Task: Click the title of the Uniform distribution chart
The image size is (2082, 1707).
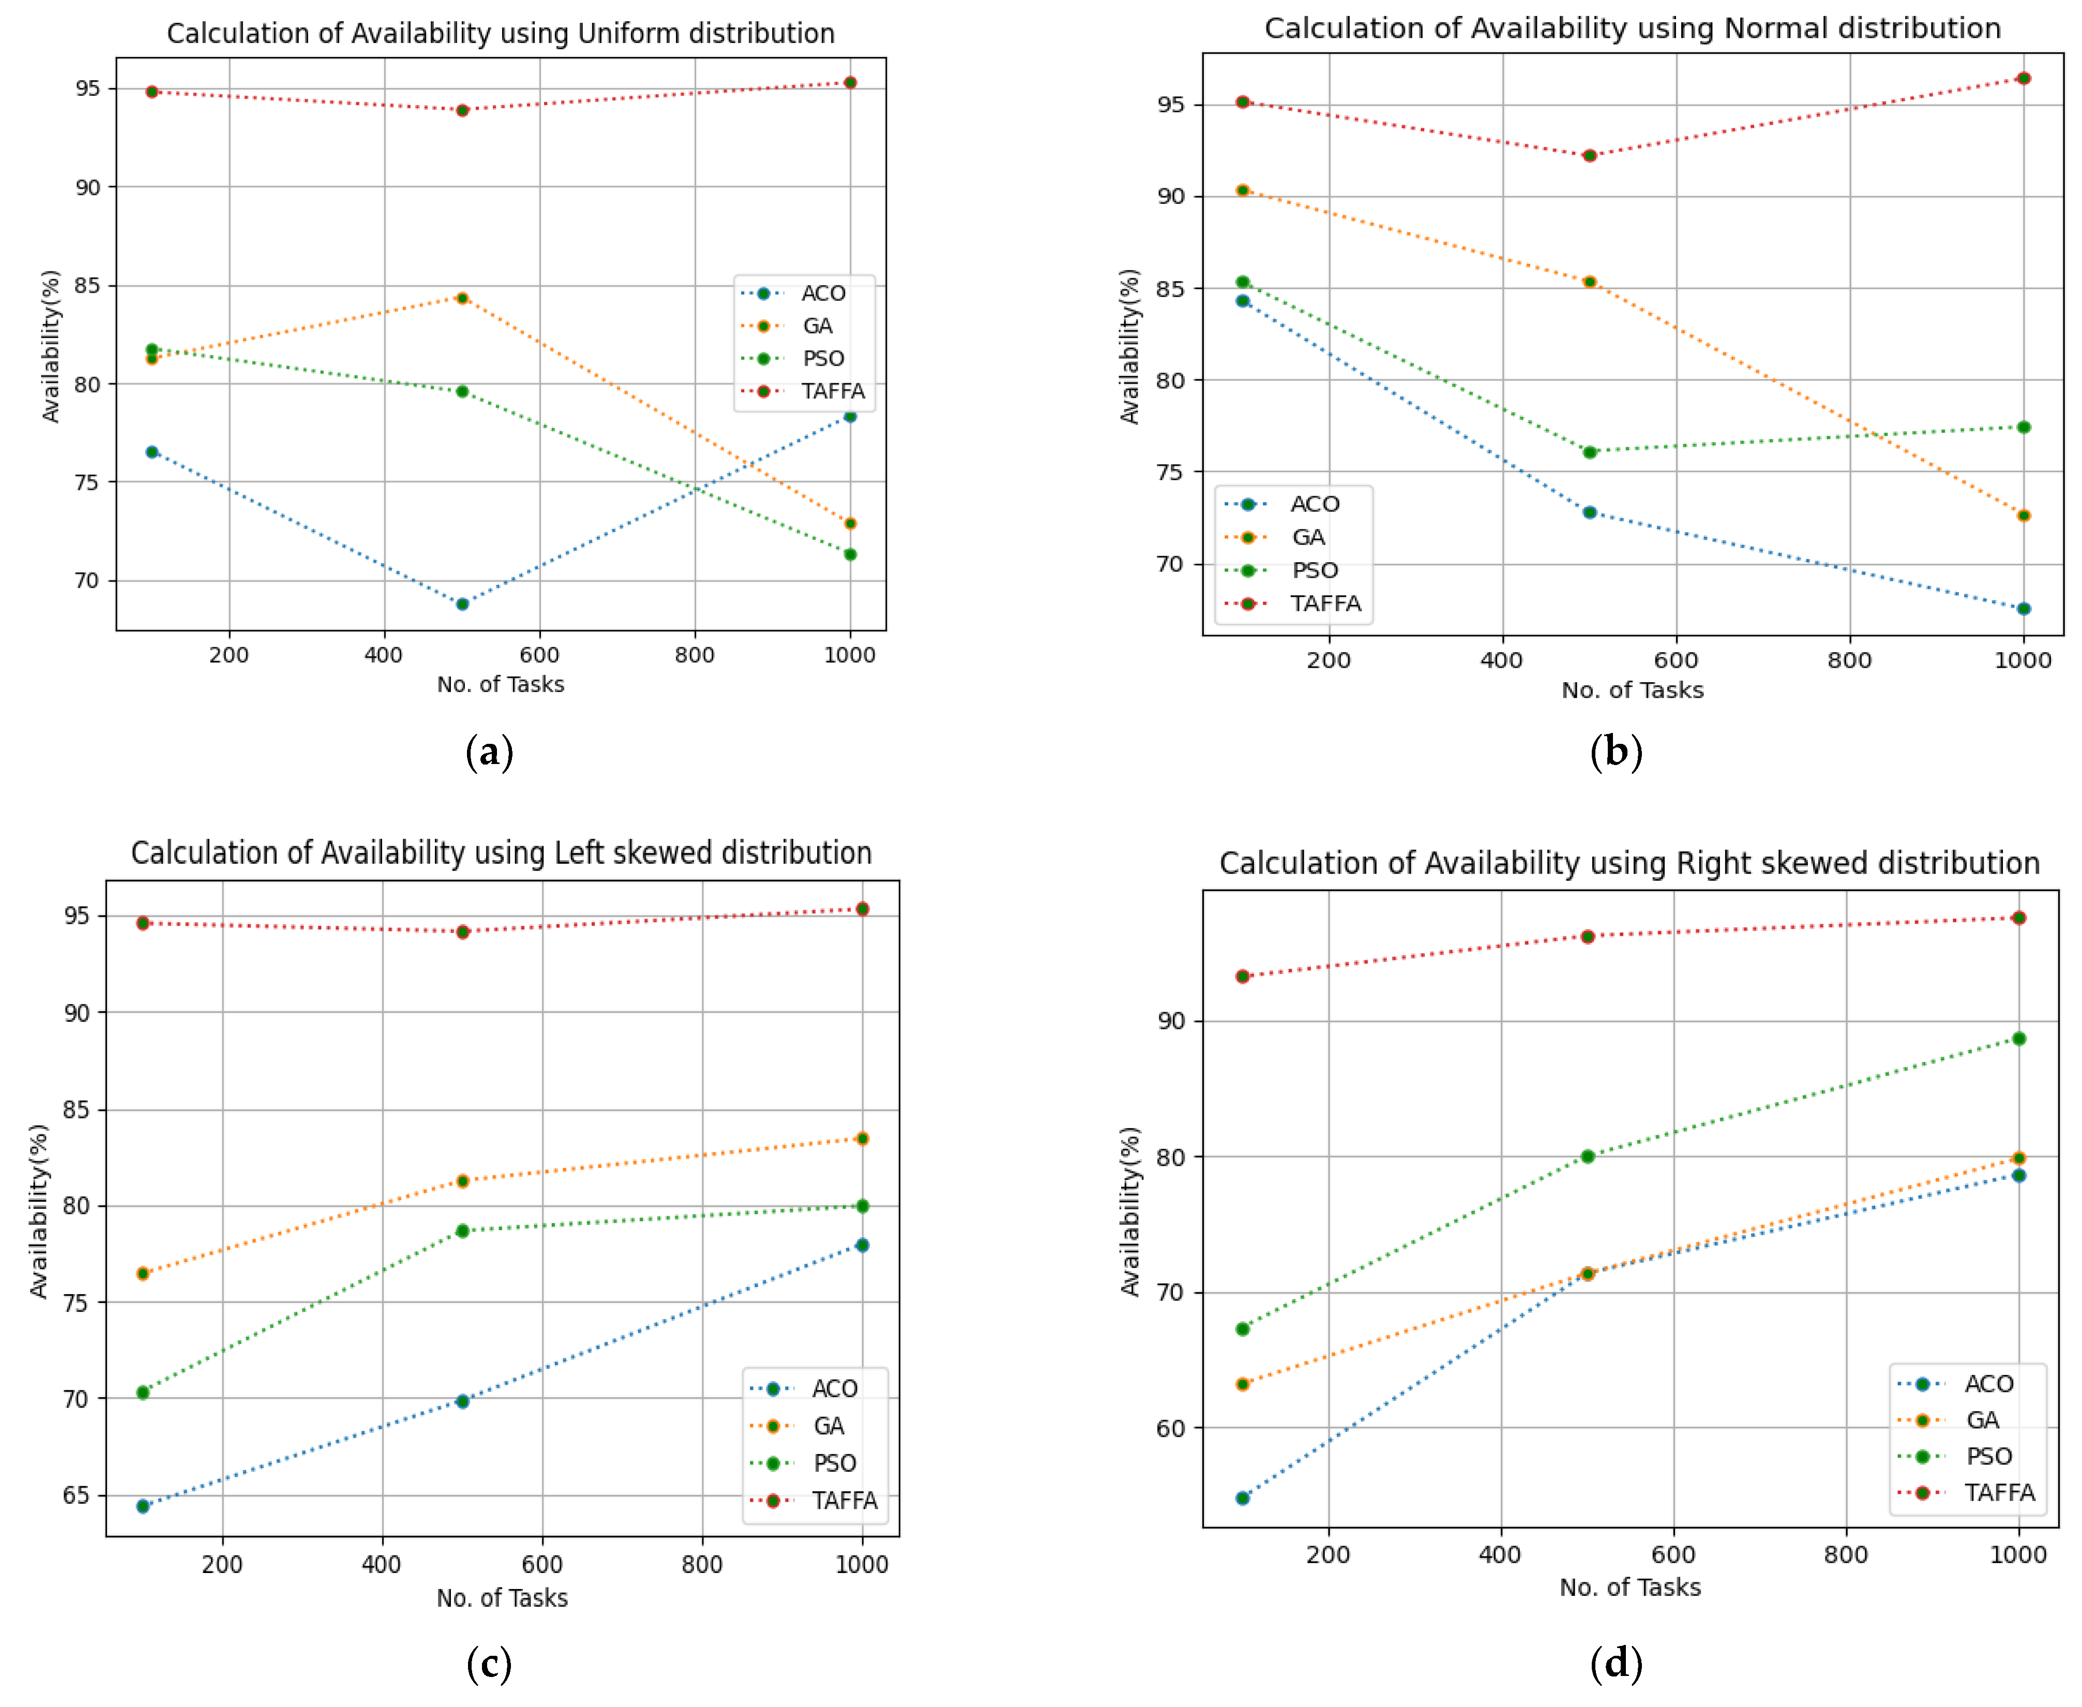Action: pos(501,34)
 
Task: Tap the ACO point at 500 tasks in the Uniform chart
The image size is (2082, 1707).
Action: pos(462,604)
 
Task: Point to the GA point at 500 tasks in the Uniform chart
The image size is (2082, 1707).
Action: pos(462,298)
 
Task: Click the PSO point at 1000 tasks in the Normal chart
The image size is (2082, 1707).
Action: pos(2023,427)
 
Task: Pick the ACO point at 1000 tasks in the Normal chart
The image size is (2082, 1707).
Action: pos(2023,609)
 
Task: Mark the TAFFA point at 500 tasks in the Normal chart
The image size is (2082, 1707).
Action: pos(1590,155)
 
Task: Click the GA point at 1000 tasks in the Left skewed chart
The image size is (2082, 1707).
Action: pos(862,1139)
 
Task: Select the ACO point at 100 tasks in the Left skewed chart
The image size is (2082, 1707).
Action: pos(143,1506)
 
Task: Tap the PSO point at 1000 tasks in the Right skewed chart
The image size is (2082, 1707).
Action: pos(2019,1038)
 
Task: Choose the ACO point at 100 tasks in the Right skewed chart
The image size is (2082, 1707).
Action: pos(1243,1499)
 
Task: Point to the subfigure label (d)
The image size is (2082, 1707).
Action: pos(1616,1664)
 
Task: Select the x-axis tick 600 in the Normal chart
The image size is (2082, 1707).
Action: pos(1676,660)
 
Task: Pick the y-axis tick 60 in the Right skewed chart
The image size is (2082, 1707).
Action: pos(1171,1429)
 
